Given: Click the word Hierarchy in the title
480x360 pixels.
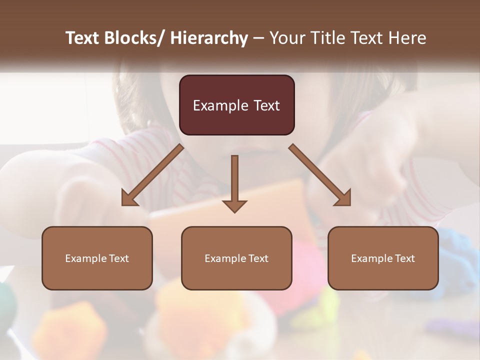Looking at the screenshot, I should click(x=209, y=38).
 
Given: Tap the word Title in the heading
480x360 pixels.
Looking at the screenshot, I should click(x=325, y=38).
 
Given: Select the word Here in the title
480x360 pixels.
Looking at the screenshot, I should click(x=407, y=38).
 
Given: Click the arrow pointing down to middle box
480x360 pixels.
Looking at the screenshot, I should click(x=234, y=180).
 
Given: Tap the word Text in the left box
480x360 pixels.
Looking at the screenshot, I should click(x=117, y=258).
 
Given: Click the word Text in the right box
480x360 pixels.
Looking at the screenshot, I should click(x=403, y=258).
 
